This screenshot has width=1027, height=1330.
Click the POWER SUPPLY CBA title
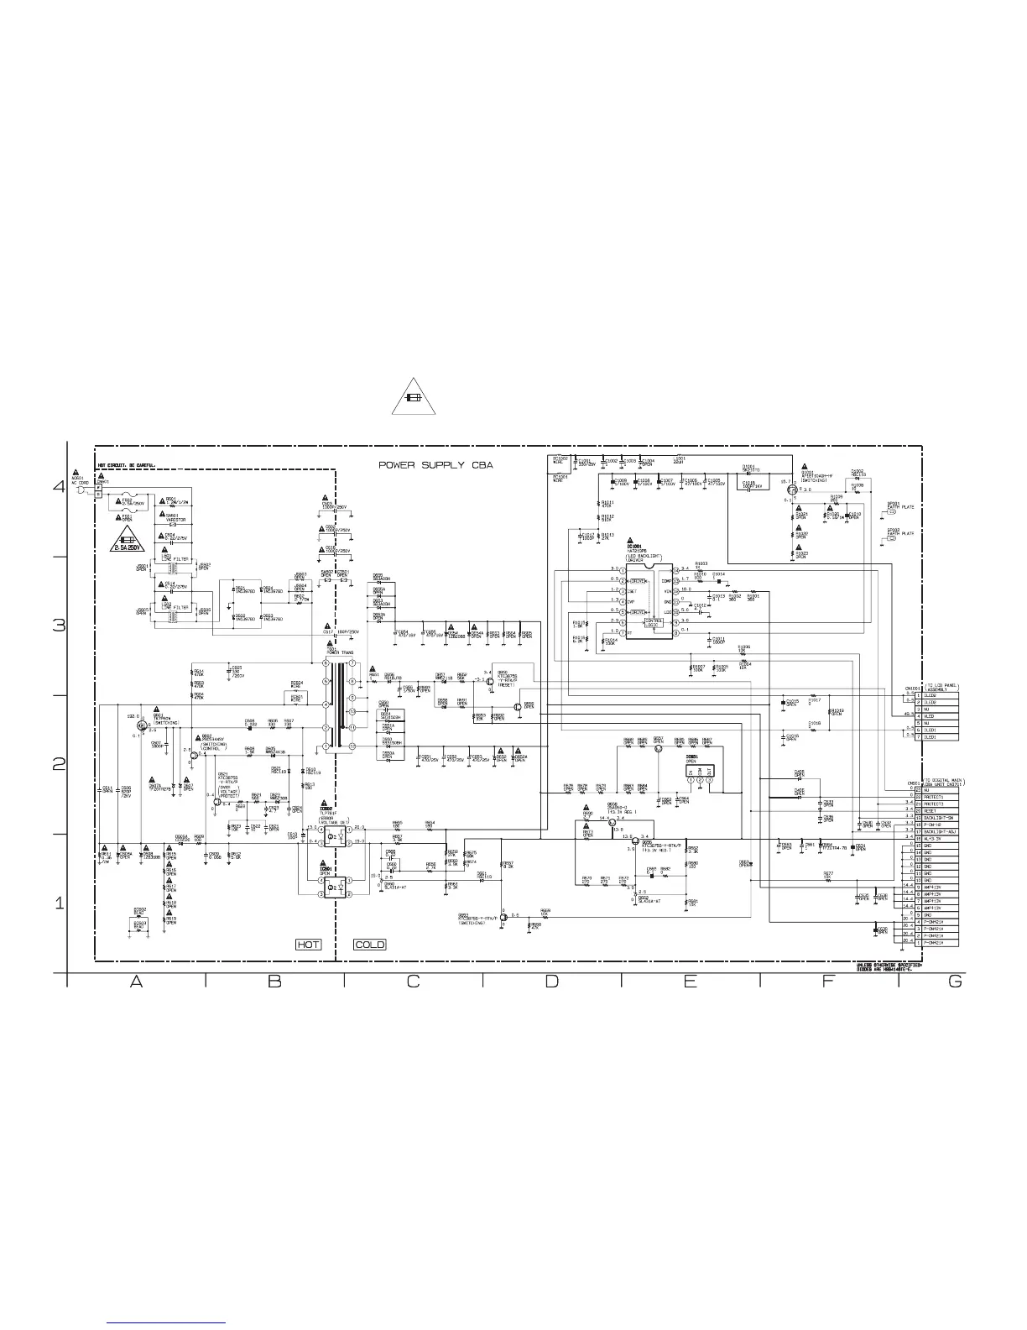tap(435, 464)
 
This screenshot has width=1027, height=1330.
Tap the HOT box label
tap(308, 945)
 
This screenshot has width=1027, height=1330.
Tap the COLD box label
tap(369, 945)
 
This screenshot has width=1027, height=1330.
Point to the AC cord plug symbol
tap(81, 490)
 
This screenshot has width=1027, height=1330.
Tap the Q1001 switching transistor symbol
tap(791, 491)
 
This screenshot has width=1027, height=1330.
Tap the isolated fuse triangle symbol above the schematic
tap(413, 398)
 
